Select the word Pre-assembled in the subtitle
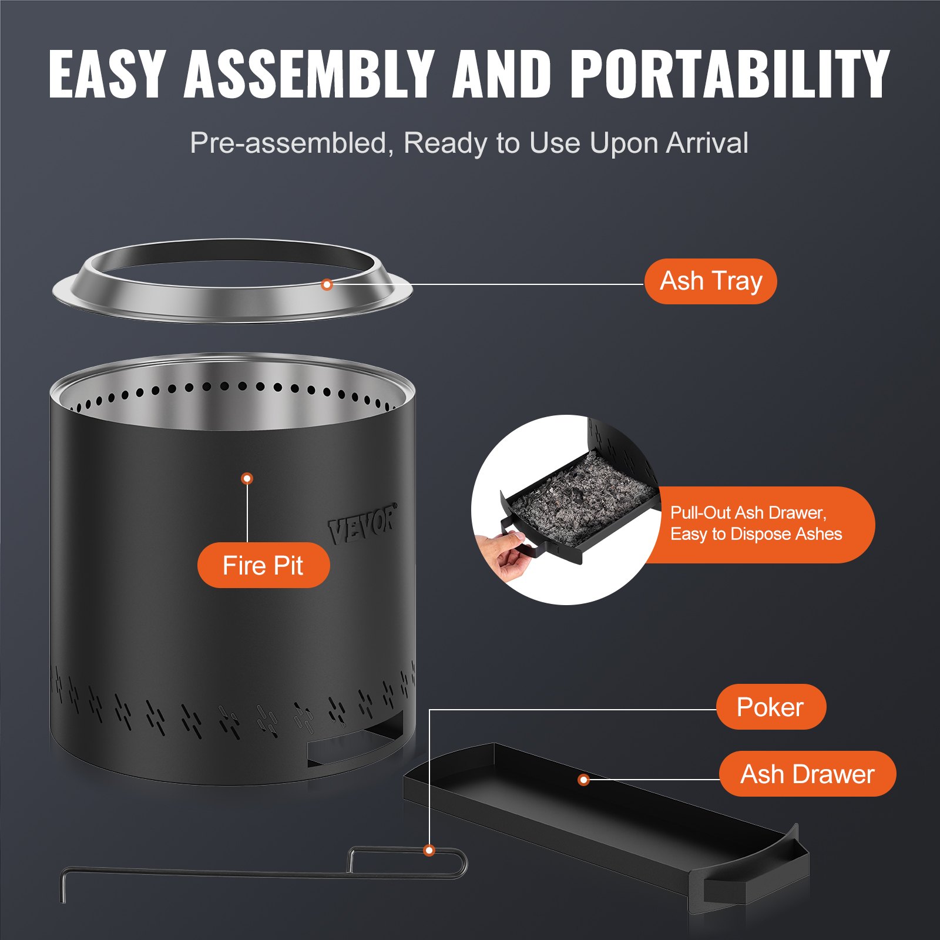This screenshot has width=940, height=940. [x=288, y=143]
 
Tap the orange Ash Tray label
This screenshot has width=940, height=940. [x=710, y=281]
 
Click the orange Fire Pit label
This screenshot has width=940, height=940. [x=263, y=565]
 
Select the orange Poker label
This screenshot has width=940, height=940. [x=770, y=707]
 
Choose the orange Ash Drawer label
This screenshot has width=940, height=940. [x=807, y=774]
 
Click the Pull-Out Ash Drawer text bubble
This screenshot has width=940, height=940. [x=758, y=523]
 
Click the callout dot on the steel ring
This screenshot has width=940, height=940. [x=327, y=285]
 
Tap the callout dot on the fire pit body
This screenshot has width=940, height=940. [x=247, y=479]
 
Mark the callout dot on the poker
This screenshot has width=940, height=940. [x=429, y=850]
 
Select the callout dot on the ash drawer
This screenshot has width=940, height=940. [x=583, y=780]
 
